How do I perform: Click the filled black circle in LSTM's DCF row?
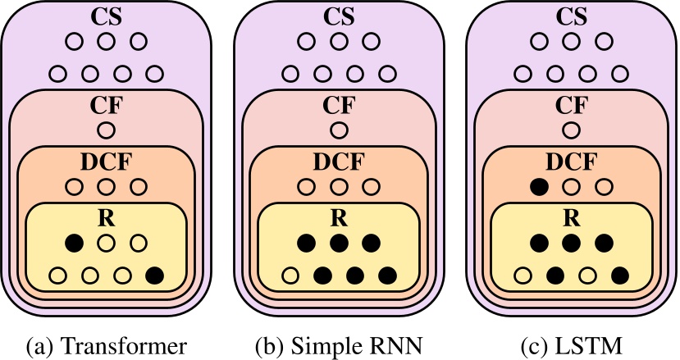[x=538, y=187]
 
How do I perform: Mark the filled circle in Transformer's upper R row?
[x=75, y=243]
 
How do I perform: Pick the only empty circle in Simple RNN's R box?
[x=290, y=275]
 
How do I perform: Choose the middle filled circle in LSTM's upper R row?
[x=569, y=243]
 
